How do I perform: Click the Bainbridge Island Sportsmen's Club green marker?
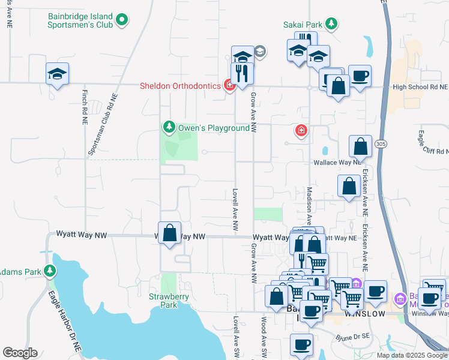coord(122,20)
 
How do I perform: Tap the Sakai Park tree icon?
coord(331,24)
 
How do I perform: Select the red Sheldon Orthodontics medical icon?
coord(229,86)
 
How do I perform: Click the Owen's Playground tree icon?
coord(170,127)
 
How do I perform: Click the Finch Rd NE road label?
coord(84,107)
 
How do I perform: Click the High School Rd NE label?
coord(420,87)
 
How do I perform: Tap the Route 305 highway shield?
coord(380,144)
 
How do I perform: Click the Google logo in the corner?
coord(20,353)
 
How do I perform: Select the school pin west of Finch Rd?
coord(57,74)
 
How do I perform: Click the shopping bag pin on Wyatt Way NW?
coord(170,233)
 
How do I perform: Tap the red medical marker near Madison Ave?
coord(301,130)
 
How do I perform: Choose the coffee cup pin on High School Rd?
coord(360,76)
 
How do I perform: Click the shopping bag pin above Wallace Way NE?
coord(360,146)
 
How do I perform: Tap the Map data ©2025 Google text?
coord(412,355)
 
